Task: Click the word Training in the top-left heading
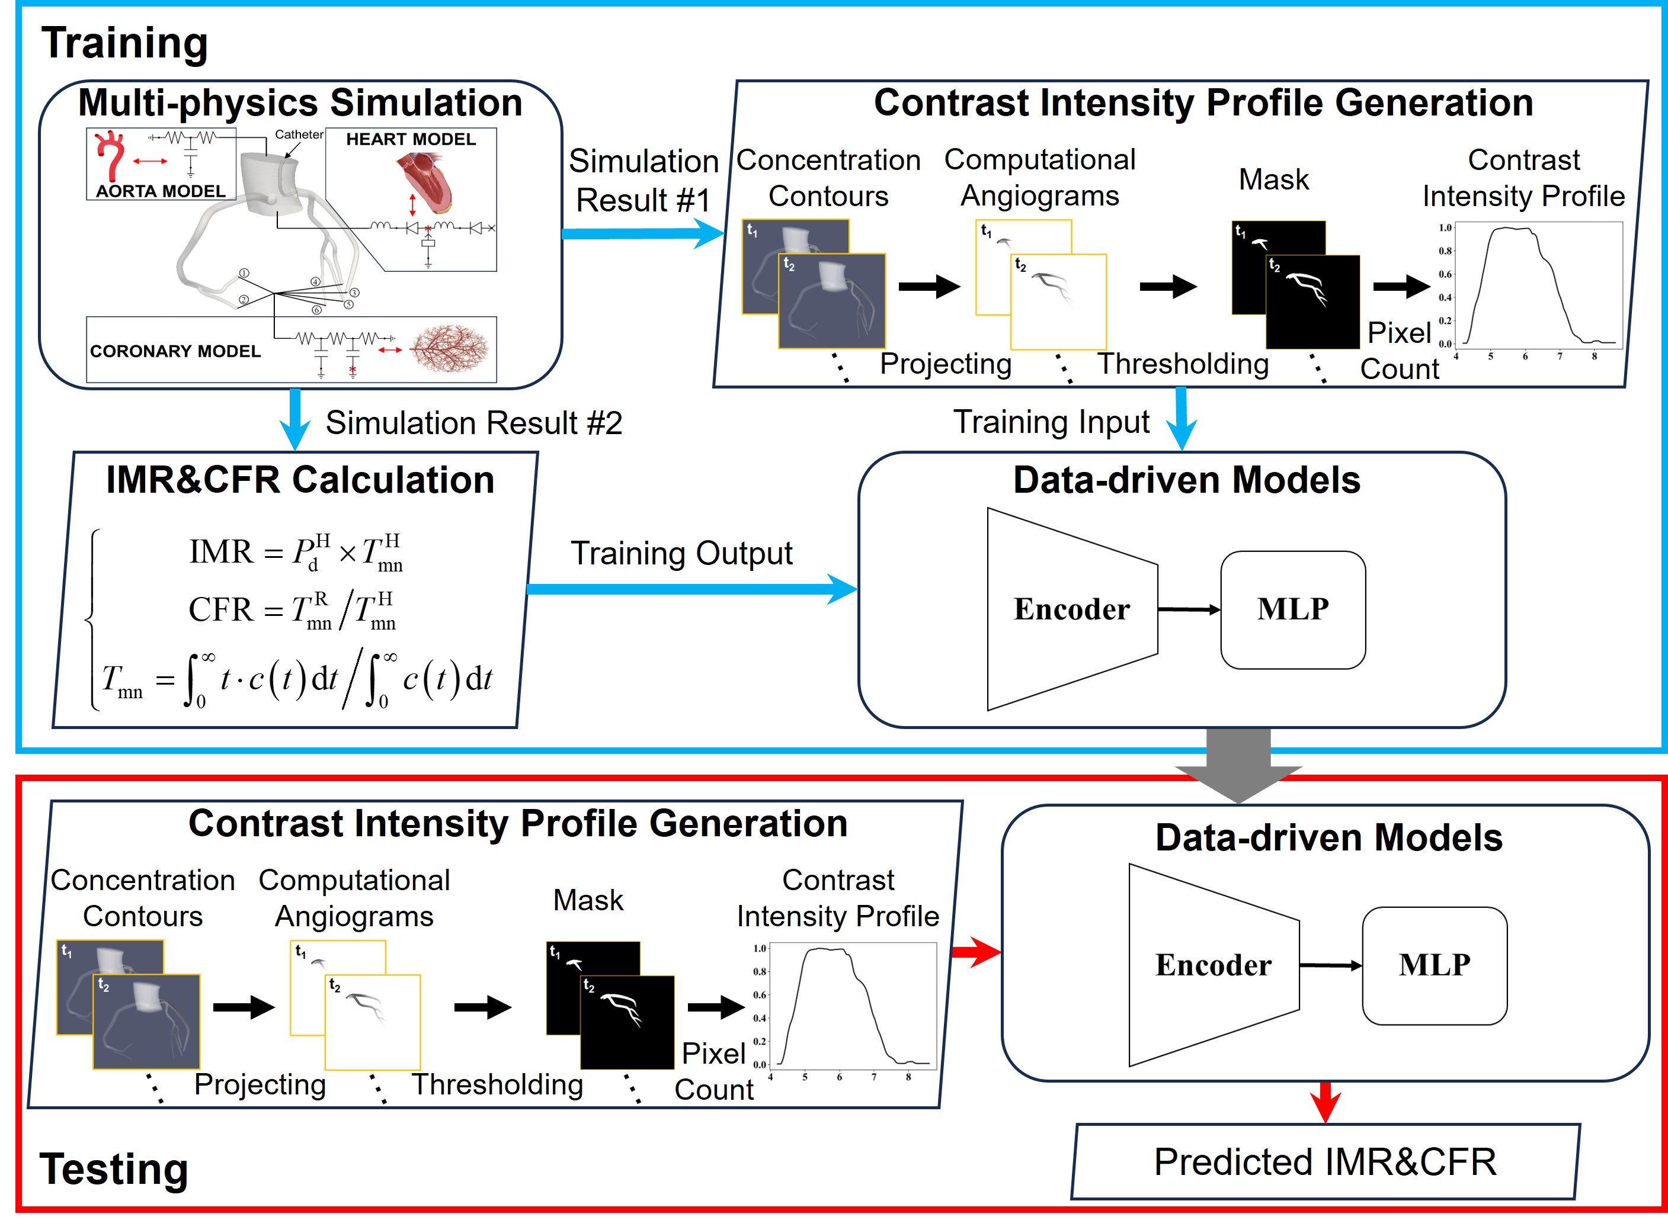pyautogui.click(x=124, y=43)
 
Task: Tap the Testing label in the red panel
pyautogui.click(x=114, y=1168)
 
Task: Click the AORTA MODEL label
pyautogui.click(x=161, y=191)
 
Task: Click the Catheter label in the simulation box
pyautogui.click(x=299, y=134)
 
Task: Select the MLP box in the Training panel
pyautogui.click(x=1293, y=609)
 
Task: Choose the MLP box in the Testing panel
pyautogui.click(x=1434, y=965)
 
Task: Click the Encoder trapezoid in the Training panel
pyautogui.click(x=1072, y=609)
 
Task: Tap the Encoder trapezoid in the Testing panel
pyautogui.click(x=1213, y=965)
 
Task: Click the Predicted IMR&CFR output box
pyautogui.click(x=1326, y=1161)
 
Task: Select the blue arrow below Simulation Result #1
pyautogui.click(x=643, y=234)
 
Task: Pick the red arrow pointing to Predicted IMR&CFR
pyautogui.click(x=1326, y=1102)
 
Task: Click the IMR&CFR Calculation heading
pyautogui.click(x=300, y=480)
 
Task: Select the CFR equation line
pyautogui.click(x=293, y=610)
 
